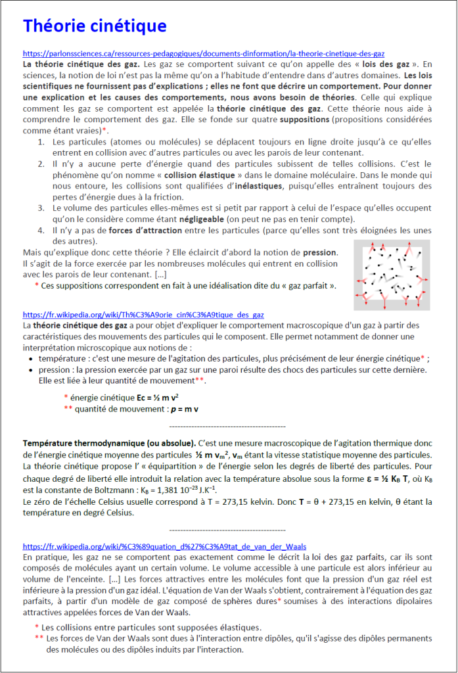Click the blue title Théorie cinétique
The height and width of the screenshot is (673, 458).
pyautogui.click(x=95, y=26)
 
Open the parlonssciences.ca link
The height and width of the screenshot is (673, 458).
pyautogui.click(x=204, y=53)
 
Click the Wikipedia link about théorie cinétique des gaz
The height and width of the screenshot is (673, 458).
pyautogui.click(x=143, y=315)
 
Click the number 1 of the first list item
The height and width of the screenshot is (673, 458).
pyautogui.click(x=41, y=142)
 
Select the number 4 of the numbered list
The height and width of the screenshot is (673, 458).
pyautogui.click(x=41, y=231)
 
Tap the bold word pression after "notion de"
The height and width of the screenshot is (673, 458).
pyautogui.click(x=319, y=252)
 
